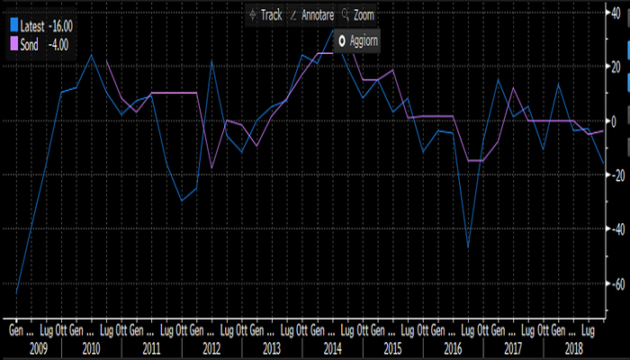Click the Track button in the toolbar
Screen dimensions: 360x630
click(x=265, y=15)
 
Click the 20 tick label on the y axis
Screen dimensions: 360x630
click(x=616, y=67)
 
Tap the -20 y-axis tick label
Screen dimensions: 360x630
click(x=615, y=175)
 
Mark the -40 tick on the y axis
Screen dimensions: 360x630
click(x=615, y=229)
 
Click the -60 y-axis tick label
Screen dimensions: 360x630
click(x=615, y=283)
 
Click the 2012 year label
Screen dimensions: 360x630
click(x=211, y=346)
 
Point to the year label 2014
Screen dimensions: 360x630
click(x=332, y=346)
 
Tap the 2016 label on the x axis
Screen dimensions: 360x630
click(x=453, y=346)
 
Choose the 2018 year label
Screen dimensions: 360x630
click(x=573, y=346)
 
